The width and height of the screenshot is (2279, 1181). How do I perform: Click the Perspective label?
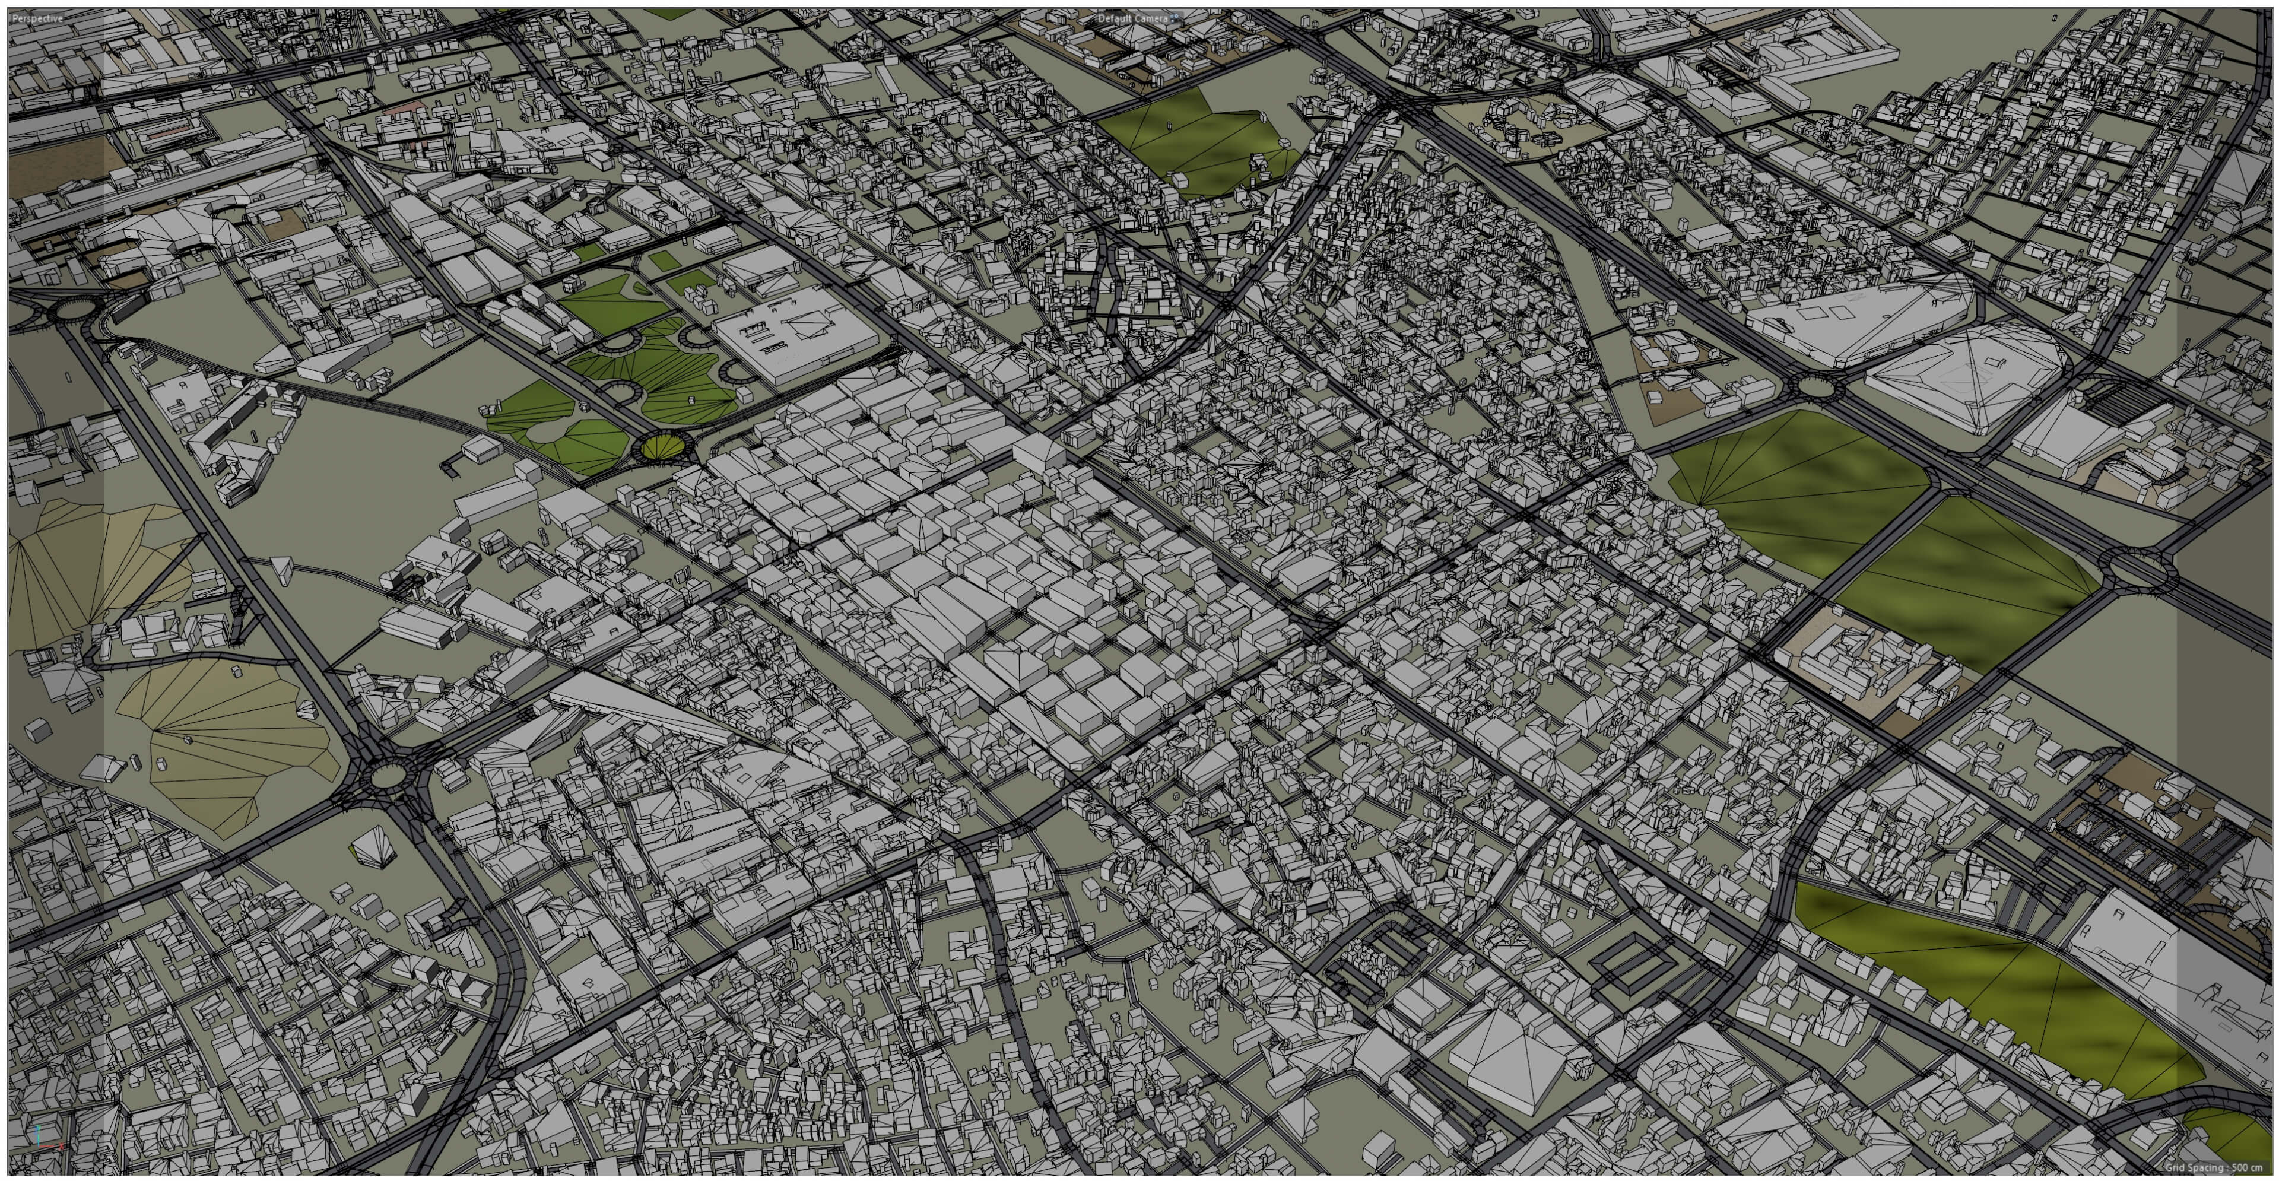(38, 18)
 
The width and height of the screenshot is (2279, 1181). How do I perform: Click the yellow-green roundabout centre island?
(661, 447)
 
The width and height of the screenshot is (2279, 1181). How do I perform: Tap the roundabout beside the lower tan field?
(386, 776)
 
